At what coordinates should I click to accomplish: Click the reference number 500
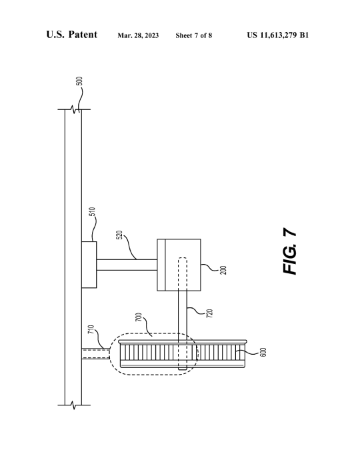point(79,81)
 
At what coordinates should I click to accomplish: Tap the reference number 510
point(92,211)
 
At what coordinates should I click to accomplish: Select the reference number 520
point(119,235)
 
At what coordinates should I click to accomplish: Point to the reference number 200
point(223,271)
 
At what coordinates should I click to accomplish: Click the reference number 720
point(210,313)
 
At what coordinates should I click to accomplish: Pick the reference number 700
point(139,317)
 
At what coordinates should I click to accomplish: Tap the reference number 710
point(91,329)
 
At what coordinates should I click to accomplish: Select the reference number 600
point(263,352)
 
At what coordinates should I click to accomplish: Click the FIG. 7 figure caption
point(289,251)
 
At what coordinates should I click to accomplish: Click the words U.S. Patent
point(71,35)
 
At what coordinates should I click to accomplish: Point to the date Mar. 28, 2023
point(138,35)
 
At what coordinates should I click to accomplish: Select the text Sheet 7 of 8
point(194,35)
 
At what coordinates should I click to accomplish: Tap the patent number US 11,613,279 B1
point(278,35)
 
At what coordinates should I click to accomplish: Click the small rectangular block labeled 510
point(89,265)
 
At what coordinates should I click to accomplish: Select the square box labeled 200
point(179,265)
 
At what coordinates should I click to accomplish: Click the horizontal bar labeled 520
point(127,265)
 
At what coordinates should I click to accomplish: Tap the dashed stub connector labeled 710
point(95,353)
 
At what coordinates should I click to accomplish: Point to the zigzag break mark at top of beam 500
point(74,109)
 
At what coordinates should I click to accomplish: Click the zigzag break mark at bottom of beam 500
point(74,405)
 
